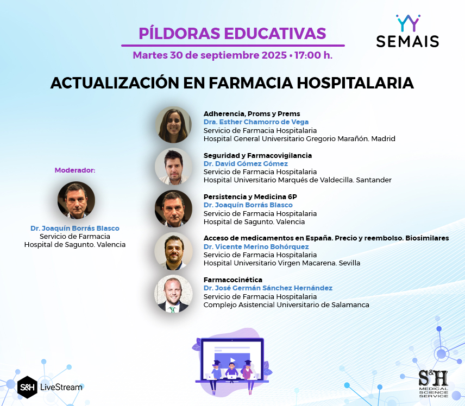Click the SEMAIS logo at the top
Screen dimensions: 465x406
point(407,31)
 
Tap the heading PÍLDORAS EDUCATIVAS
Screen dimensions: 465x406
point(232,34)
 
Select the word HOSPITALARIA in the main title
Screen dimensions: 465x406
point(355,83)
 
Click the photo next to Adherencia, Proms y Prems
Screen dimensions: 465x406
point(173,125)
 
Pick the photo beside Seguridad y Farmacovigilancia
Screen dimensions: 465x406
point(173,167)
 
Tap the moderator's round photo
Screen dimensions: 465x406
point(76,200)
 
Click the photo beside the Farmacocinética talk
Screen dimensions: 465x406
point(173,294)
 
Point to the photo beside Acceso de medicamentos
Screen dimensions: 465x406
point(173,251)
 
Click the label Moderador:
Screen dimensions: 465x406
point(75,170)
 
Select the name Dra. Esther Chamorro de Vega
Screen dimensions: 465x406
point(256,122)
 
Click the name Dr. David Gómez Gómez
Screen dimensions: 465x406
point(246,163)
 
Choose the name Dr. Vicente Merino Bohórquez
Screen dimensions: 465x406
point(256,246)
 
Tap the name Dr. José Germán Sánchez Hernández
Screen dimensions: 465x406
point(268,288)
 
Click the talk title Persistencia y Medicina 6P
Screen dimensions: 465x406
point(250,197)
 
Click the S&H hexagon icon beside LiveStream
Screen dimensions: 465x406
point(27,387)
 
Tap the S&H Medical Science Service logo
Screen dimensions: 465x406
point(433,384)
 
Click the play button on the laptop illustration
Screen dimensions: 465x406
point(232,360)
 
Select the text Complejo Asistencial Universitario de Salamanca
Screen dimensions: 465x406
point(286,304)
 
